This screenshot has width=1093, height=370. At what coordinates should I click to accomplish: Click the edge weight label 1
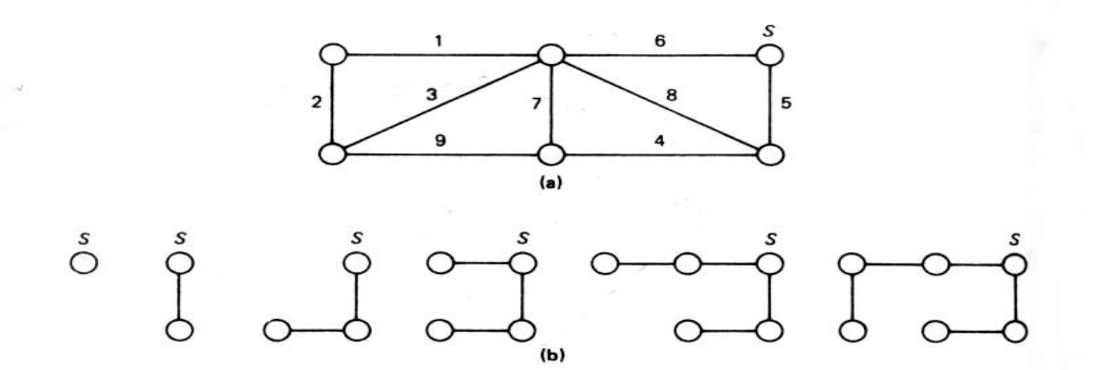pyautogui.click(x=438, y=41)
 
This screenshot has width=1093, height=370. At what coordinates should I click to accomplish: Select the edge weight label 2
pyautogui.click(x=317, y=103)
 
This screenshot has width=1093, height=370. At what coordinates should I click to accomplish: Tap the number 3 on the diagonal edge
pyautogui.click(x=432, y=94)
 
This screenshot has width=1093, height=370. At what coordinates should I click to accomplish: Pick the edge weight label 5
pyautogui.click(x=786, y=103)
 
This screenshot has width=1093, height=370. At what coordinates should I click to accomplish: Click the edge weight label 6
pyautogui.click(x=659, y=41)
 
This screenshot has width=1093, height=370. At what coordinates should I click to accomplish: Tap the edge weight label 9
pyautogui.click(x=440, y=141)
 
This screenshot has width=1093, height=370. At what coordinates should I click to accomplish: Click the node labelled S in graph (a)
pyautogui.click(x=770, y=55)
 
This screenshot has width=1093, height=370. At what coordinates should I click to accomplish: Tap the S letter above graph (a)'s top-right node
pyautogui.click(x=769, y=31)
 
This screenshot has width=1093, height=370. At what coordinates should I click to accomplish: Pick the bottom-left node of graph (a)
pyautogui.click(x=332, y=154)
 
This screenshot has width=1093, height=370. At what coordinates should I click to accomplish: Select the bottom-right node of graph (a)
pyautogui.click(x=770, y=154)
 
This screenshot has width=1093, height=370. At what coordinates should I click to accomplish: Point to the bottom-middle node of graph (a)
pyautogui.click(x=550, y=154)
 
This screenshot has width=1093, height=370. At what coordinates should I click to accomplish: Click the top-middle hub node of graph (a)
pyautogui.click(x=550, y=55)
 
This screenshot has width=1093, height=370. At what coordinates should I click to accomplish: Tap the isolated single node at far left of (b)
pyautogui.click(x=84, y=263)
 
